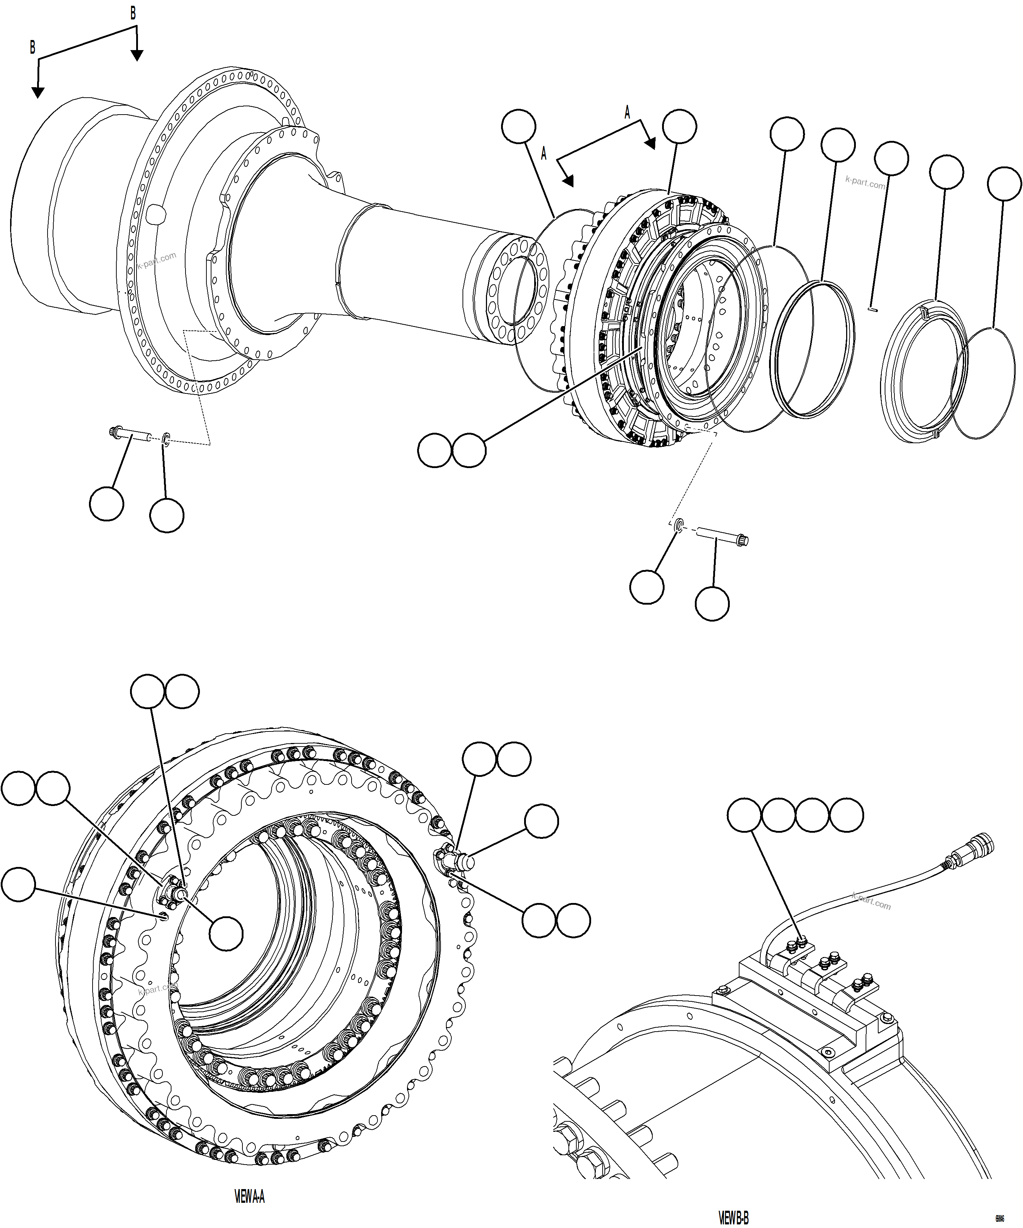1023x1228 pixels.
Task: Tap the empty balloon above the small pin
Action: pyautogui.click(x=892, y=158)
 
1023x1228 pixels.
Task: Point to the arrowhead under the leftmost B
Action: pyautogui.click(x=37, y=92)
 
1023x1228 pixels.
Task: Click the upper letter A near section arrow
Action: pyautogui.click(x=627, y=112)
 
